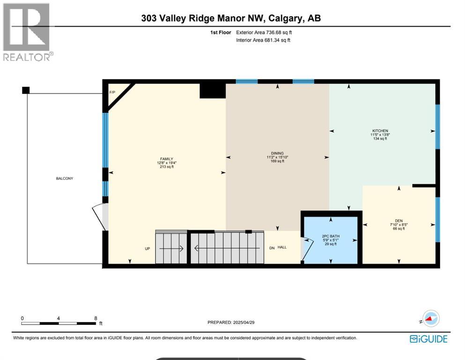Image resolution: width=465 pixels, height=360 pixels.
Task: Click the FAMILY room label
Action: pyautogui.click(x=166, y=159)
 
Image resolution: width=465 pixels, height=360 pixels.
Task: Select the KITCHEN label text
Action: pyautogui.click(x=380, y=131)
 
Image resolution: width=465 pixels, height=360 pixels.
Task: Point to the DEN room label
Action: pyautogui.click(x=399, y=220)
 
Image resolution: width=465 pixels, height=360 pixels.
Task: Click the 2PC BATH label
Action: pyautogui.click(x=331, y=236)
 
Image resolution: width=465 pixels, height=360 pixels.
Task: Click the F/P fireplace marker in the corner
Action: pyautogui.click(x=112, y=92)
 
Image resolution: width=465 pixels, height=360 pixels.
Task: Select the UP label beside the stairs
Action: pyautogui.click(x=147, y=248)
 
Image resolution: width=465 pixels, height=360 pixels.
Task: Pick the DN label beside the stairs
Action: pyautogui.click(x=272, y=248)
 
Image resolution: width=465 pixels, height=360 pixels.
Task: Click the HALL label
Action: pyautogui.click(x=282, y=248)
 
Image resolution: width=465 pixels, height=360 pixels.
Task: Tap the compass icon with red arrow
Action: pyautogui.click(x=430, y=319)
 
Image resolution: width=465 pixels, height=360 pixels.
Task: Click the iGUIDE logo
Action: pyautogui.click(x=428, y=339)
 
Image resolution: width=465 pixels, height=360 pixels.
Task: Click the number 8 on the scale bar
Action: pyautogui.click(x=96, y=318)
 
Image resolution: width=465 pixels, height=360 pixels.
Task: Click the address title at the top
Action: pyautogui.click(x=231, y=18)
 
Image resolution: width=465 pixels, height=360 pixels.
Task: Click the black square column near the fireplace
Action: pyautogui.click(x=213, y=90)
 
